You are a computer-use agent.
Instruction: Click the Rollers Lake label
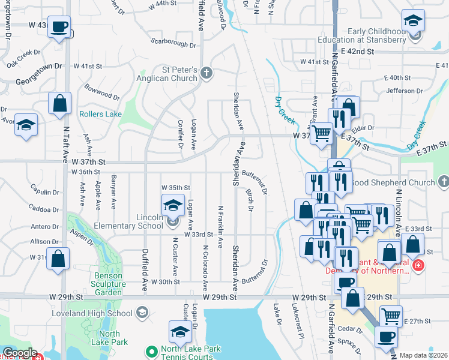[x=100, y=114]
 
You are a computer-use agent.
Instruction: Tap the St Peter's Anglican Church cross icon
[x=206, y=74]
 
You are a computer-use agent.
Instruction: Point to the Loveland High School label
[x=106, y=313]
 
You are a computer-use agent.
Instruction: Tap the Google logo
[x=20, y=353]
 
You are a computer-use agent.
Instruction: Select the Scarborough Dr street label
[x=174, y=42]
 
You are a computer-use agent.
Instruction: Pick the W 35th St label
[x=176, y=188]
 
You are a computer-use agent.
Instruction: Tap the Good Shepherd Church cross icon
[x=443, y=181]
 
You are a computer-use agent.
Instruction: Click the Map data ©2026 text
[x=423, y=355]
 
